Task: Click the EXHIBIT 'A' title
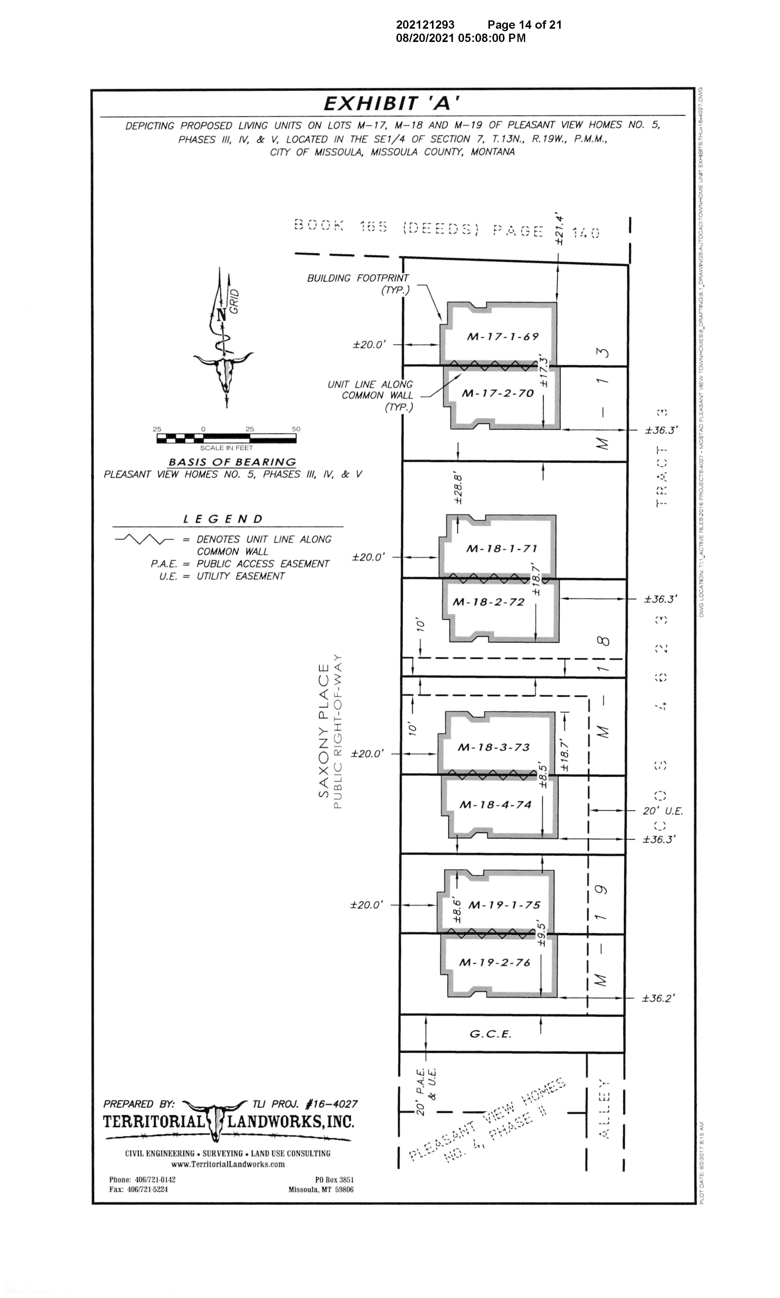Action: (388, 103)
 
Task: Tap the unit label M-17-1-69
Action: (503, 336)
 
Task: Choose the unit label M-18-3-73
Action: (494, 747)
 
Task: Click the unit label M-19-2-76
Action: (495, 962)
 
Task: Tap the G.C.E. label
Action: (490, 1034)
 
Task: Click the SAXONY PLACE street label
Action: (323, 730)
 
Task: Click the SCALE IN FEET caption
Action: (226, 448)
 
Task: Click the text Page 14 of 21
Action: (524, 25)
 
